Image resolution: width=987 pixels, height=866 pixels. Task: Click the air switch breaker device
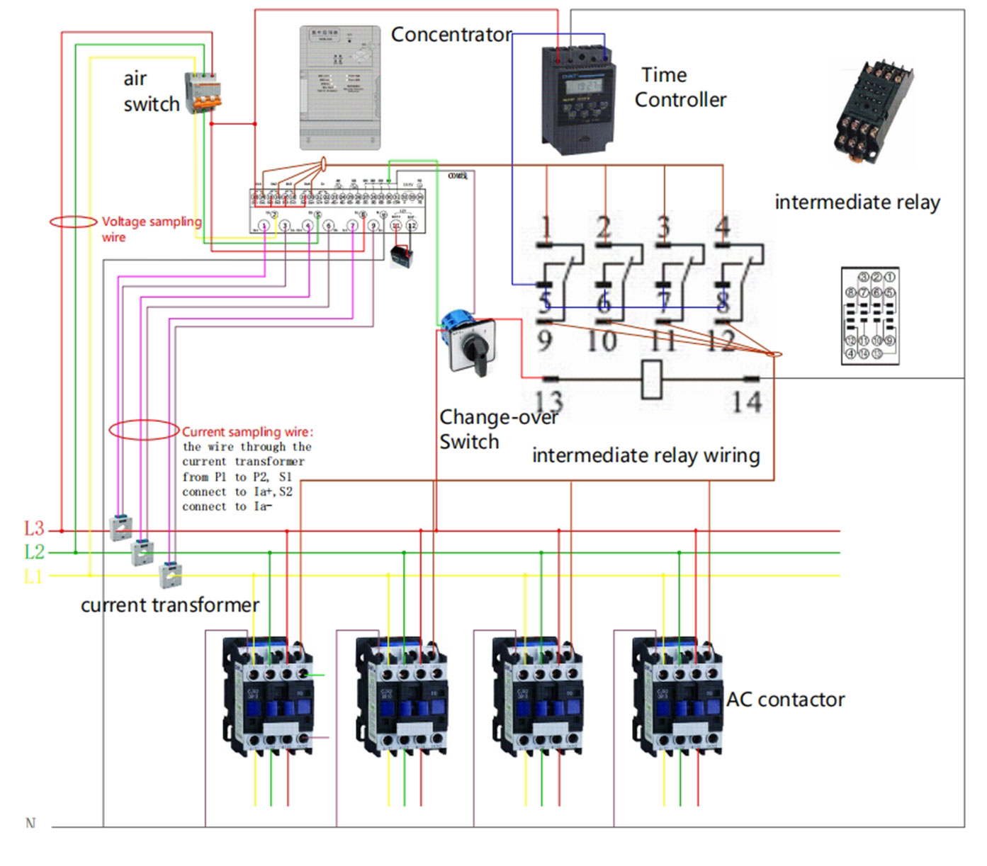[204, 93]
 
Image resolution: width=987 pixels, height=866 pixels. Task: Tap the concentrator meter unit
[339, 88]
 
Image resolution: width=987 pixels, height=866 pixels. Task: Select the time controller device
[577, 99]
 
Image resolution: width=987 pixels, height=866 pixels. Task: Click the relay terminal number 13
[548, 401]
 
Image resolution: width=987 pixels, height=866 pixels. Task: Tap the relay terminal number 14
[746, 402]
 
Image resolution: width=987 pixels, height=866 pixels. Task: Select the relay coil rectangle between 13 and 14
[651, 379]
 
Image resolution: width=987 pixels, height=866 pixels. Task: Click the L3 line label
[34, 528]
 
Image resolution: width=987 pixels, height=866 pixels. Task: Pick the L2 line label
[34, 552]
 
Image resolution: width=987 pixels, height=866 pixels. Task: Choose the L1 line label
[33, 576]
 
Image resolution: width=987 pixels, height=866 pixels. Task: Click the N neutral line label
[30, 823]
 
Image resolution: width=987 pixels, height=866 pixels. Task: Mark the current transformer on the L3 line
[120, 528]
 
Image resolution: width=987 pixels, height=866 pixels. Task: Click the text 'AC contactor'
[785, 700]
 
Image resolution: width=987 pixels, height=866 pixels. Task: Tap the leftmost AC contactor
[269, 694]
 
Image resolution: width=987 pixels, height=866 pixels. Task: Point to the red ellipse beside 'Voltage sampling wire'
[73, 222]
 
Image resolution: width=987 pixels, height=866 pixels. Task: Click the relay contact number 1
[546, 227]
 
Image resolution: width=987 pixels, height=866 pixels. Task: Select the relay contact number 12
[721, 341]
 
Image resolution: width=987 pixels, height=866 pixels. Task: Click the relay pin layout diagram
[870, 316]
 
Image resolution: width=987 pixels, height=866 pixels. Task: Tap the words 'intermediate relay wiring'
[645, 455]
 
